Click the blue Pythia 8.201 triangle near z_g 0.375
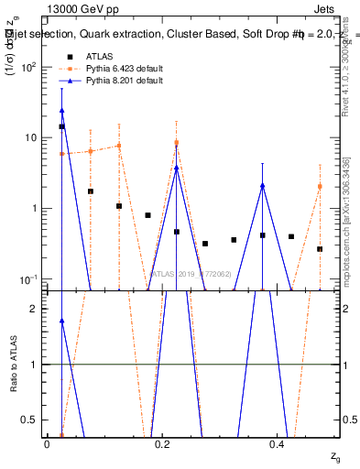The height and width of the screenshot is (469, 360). point(263,186)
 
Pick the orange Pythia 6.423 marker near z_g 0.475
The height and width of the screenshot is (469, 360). point(320,186)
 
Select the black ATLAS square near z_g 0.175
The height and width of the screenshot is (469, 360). point(147,215)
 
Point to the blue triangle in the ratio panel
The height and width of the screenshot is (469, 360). point(61,321)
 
